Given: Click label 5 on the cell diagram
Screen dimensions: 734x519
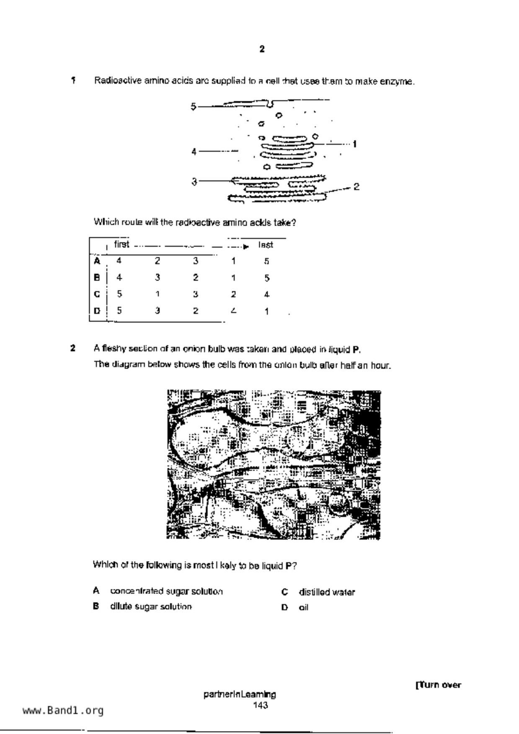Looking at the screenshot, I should pyautogui.click(x=193, y=107).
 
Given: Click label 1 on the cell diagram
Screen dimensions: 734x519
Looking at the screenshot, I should pyautogui.click(x=354, y=144).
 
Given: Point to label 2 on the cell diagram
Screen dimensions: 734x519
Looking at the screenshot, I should pyautogui.click(x=356, y=187).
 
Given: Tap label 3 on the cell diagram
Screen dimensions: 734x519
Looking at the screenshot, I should pyautogui.click(x=194, y=182).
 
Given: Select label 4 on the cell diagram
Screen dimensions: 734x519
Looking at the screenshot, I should pyautogui.click(x=194, y=151).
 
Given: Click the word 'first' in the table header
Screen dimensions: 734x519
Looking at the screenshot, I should pyautogui.click(x=121, y=244).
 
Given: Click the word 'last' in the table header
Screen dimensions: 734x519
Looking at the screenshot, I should pyautogui.click(x=266, y=245).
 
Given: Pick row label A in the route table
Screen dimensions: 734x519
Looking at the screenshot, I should pyautogui.click(x=97, y=261).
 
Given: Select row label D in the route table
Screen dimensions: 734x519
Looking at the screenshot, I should pyautogui.click(x=97, y=311).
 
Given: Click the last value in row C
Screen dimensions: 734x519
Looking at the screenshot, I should pyautogui.click(x=267, y=295).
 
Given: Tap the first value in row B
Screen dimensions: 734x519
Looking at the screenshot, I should pyautogui.click(x=119, y=277).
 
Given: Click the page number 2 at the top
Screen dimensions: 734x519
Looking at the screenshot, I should pyautogui.click(x=262, y=49).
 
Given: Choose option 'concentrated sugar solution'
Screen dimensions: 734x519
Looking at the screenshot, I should pyautogui.click(x=166, y=591).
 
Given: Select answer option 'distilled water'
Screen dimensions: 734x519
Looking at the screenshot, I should pyautogui.click(x=327, y=592).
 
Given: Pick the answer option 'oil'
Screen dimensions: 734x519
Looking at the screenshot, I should pyautogui.click(x=304, y=608).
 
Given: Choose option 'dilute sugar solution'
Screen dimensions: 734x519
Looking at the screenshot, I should pyautogui.click(x=151, y=606).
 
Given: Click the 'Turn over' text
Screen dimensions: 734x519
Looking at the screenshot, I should pyautogui.click(x=438, y=685).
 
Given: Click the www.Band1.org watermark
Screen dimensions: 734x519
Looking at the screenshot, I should pyautogui.click(x=63, y=711).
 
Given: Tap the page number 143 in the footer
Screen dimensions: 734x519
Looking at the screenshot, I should pyautogui.click(x=260, y=706).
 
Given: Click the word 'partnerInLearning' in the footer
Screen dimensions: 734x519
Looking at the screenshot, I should pyautogui.click(x=240, y=695).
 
